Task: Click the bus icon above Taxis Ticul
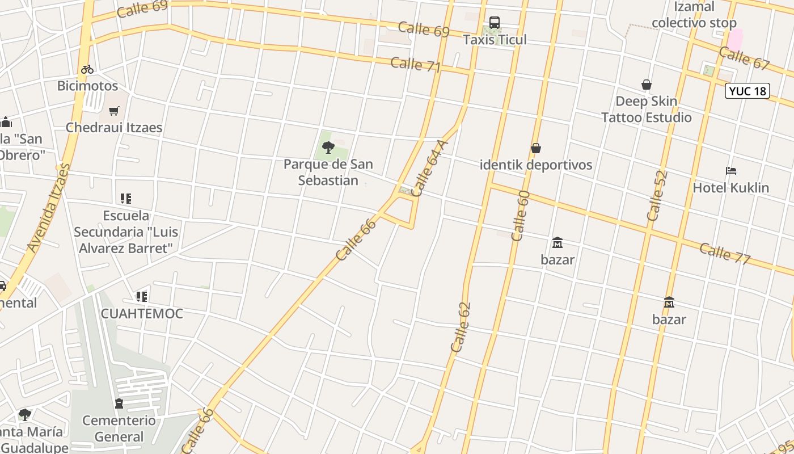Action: click(495, 23)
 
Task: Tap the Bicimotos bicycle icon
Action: click(87, 69)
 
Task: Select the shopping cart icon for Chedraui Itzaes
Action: click(114, 111)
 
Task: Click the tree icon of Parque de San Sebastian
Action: click(328, 148)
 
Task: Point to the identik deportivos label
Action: click(536, 165)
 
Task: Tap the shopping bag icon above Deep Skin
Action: click(646, 85)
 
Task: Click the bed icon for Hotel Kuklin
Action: click(731, 171)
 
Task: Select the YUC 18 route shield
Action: click(747, 91)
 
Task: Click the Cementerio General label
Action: click(119, 428)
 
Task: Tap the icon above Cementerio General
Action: click(119, 403)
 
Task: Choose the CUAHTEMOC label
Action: click(142, 314)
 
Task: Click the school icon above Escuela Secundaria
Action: click(126, 199)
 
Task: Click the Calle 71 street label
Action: click(415, 64)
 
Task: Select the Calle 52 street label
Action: click(657, 196)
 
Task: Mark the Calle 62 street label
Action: click(461, 327)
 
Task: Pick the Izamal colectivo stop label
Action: click(694, 15)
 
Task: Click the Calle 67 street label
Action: click(744, 58)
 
